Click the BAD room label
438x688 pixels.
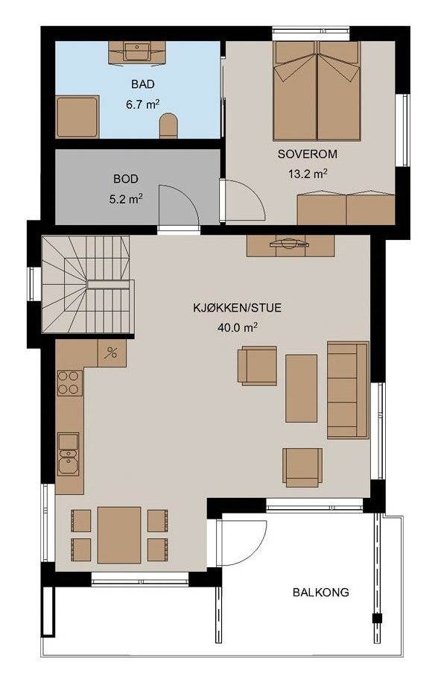tap(143, 83)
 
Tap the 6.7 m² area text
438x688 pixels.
tap(142, 104)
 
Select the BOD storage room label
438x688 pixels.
tap(126, 179)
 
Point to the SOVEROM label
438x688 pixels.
tap(307, 154)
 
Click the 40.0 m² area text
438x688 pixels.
tap(237, 327)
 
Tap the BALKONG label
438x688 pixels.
tap(321, 593)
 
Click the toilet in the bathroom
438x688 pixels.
tap(169, 126)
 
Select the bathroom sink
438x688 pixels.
tap(137, 51)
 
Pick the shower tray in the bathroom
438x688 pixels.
tap(77, 117)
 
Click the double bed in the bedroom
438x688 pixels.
tap(317, 91)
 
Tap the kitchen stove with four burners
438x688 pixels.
tap(70, 383)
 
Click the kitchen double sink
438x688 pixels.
tap(68, 455)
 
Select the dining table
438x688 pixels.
tap(119, 535)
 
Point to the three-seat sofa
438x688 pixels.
tap(348, 390)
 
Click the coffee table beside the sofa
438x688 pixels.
tap(301, 388)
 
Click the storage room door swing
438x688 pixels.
tap(179, 205)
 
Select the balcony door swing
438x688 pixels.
tap(242, 543)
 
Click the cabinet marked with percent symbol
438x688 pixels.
tap(112, 353)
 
